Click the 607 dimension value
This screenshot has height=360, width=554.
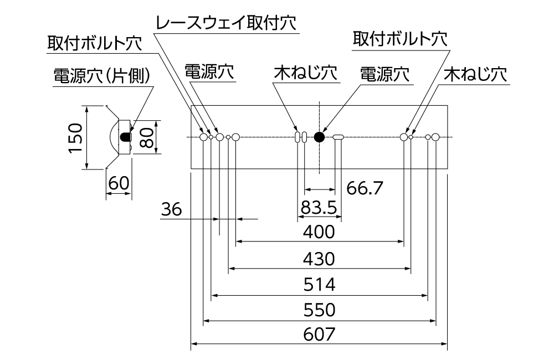(320, 335)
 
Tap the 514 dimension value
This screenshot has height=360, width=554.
(320, 285)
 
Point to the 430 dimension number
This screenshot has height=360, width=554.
(320, 259)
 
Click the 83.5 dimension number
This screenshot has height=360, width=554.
(320, 207)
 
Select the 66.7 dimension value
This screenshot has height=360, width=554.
(365, 188)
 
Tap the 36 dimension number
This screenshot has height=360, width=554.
(172, 209)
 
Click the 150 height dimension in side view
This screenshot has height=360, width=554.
(76, 137)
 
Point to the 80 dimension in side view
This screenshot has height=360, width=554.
(146, 137)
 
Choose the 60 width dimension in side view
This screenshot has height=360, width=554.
(118, 183)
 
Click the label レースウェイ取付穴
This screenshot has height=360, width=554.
(226, 23)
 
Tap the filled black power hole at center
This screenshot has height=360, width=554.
(319, 137)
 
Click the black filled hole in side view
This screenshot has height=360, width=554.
(125, 136)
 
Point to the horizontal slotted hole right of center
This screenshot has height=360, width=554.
(338, 137)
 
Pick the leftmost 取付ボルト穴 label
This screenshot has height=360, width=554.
(95, 43)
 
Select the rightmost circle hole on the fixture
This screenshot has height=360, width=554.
(435, 137)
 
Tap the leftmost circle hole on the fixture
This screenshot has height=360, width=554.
(203, 137)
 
